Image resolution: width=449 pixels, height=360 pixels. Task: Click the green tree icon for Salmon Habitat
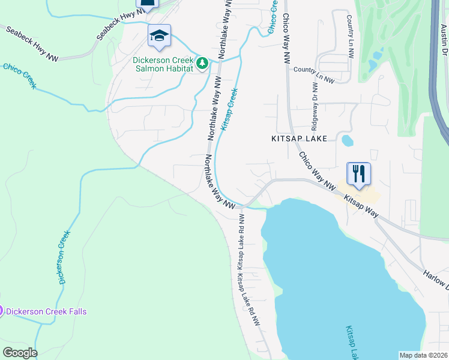[x=203, y=62]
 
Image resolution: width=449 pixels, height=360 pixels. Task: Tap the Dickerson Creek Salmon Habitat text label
[x=163, y=65]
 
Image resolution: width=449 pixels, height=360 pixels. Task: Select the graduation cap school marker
[x=159, y=36]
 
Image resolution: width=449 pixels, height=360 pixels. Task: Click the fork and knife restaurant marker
[x=359, y=174]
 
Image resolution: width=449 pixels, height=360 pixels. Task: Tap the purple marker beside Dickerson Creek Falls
[x=2, y=311]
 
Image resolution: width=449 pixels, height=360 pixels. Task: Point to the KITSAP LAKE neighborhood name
[x=298, y=139]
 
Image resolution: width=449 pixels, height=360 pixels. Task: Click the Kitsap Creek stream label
[x=229, y=109]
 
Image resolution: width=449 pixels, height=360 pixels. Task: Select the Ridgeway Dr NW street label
[x=315, y=106]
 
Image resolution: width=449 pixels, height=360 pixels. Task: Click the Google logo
[x=19, y=353]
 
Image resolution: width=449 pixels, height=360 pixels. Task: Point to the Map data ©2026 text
[x=423, y=355]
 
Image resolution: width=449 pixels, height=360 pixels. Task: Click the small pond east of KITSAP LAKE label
[x=347, y=140]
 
